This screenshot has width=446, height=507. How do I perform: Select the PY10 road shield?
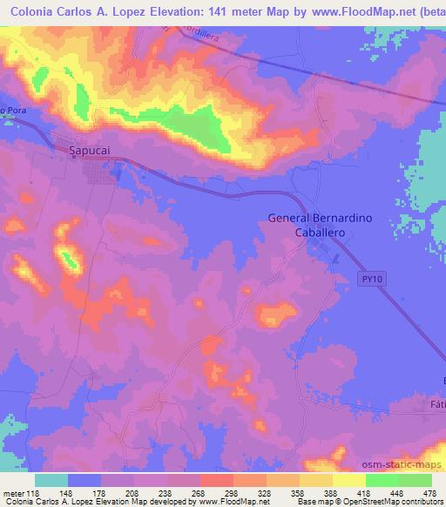click(x=370, y=278)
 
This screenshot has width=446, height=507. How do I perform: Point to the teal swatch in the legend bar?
click(x=51, y=479)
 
